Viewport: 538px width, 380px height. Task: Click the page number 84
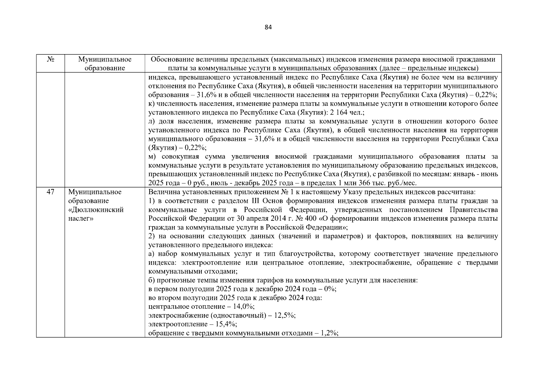tap(268, 27)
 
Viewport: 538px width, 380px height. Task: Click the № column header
tap(50, 60)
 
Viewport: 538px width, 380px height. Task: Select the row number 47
tap(50, 192)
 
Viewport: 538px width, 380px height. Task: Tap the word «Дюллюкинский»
tap(96, 210)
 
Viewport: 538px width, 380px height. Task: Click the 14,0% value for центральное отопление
tap(244, 307)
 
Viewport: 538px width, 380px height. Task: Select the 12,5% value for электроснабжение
tap(285, 315)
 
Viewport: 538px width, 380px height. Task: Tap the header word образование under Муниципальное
tap(105, 68)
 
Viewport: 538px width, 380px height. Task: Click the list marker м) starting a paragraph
tap(152, 157)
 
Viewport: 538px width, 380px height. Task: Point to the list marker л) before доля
tap(152, 121)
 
